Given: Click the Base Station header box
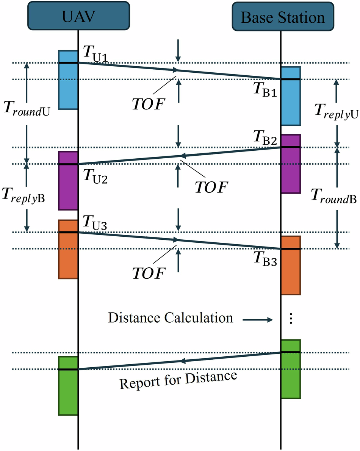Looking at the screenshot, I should click(283, 17).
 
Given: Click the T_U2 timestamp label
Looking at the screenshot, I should click(95, 176).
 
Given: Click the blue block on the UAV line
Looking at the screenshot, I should click(68, 80).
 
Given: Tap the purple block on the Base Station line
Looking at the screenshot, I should click(291, 164).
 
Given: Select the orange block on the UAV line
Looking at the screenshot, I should click(68, 249).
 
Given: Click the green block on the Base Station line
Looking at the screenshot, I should click(291, 369).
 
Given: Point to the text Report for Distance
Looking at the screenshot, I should click(178, 381).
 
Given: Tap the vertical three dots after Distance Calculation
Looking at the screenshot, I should click(291, 318).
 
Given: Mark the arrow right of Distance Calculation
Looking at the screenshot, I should click(258, 320).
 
